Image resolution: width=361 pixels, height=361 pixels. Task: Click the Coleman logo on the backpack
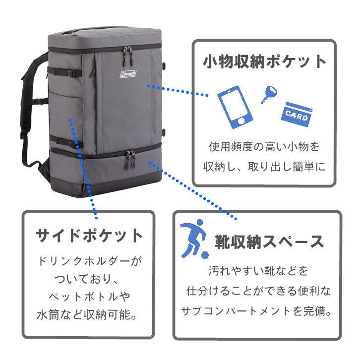pyautogui.click(x=128, y=74)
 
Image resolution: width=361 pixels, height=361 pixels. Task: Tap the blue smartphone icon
pyautogui.click(x=235, y=107)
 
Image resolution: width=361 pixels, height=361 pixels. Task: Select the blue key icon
pyautogui.click(x=269, y=95)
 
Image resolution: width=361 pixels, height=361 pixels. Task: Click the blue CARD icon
pyautogui.click(x=297, y=114)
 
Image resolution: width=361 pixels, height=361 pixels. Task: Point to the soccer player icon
pyautogui.click(x=194, y=239)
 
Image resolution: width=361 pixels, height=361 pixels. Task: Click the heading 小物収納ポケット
pyautogui.click(x=264, y=61)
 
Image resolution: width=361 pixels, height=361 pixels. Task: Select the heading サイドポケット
pyautogui.click(x=89, y=235)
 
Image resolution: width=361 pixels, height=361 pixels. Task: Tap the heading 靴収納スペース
pyautogui.click(x=269, y=241)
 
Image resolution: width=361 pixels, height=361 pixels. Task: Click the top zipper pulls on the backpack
pyautogui.click(x=128, y=54)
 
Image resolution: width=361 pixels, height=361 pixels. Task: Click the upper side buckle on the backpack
pyautogui.click(x=74, y=73)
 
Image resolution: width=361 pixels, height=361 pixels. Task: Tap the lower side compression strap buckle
pyautogui.click(x=74, y=144)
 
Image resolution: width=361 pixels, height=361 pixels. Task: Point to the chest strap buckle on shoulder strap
pyautogui.click(x=41, y=101)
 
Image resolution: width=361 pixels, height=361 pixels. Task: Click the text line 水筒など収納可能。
pyautogui.click(x=87, y=314)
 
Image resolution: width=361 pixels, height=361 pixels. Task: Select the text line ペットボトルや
pyautogui.click(x=89, y=297)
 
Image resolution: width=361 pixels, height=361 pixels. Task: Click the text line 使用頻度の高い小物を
pyautogui.click(x=264, y=147)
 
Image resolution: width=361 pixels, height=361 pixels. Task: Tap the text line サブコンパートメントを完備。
pyautogui.click(x=256, y=311)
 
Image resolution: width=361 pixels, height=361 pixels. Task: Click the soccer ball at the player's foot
pyautogui.click(x=205, y=255)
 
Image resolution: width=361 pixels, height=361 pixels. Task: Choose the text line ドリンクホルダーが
pyautogui.click(x=90, y=261)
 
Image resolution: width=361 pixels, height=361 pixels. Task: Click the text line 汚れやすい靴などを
pyautogui.click(x=258, y=271)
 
